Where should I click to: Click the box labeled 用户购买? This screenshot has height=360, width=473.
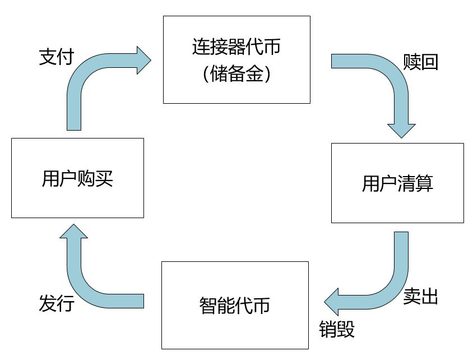coord(77,178)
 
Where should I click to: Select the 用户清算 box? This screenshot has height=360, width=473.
coord(397,183)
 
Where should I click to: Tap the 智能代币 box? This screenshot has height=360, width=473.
coord(235,305)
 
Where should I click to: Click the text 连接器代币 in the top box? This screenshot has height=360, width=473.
coord(237,47)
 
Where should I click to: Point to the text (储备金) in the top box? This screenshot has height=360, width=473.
coord(237,74)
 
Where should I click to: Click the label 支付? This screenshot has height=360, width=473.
coord(57,57)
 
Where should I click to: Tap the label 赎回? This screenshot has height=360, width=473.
coord(420,62)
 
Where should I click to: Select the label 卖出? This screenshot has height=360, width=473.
coord(420,296)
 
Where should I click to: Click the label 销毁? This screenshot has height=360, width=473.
coord(337,329)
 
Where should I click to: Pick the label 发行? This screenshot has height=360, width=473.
coord(57,303)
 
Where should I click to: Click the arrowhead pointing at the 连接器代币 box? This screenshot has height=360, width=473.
coord(143,61)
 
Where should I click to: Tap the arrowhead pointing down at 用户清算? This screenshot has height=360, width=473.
coord(401,131)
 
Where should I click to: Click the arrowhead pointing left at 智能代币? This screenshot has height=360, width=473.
coord(332,302)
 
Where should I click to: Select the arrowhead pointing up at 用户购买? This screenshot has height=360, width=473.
coord(73,231)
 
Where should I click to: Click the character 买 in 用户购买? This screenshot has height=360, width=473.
coord(104,178)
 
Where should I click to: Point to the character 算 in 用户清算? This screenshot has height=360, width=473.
coord(424,183)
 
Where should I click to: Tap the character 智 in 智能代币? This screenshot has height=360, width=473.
coord(208,306)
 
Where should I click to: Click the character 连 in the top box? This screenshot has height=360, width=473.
coord(201,47)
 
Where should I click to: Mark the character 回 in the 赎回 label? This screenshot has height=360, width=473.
coord(429,62)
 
